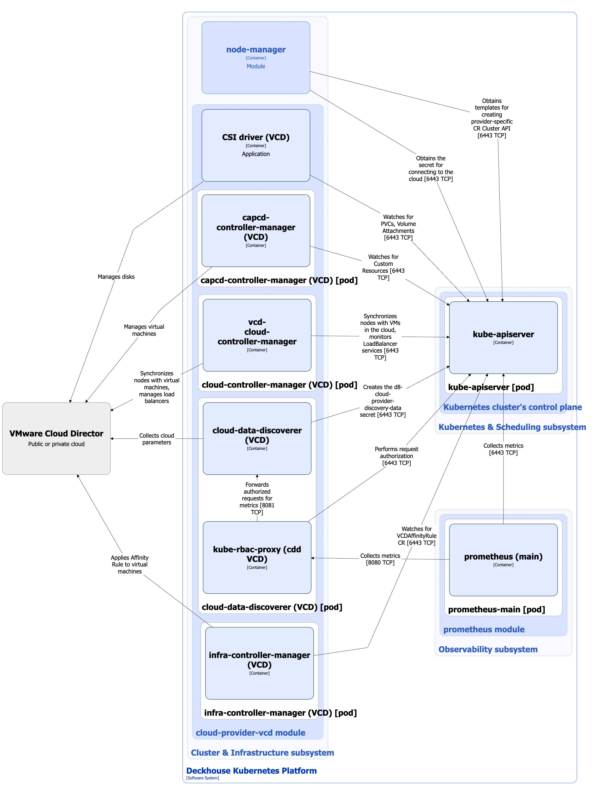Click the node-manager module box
(255, 57)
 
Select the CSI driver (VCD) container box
(255, 145)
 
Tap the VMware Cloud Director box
(56, 438)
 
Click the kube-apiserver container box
(503, 337)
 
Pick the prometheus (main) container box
(503, 559)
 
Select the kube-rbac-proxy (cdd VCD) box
(257, 557)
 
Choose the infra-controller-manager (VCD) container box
(259, 663)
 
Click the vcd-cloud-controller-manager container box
(257, 335)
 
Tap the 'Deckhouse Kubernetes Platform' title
(251, 770)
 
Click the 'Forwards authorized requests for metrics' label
(257, 498)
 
